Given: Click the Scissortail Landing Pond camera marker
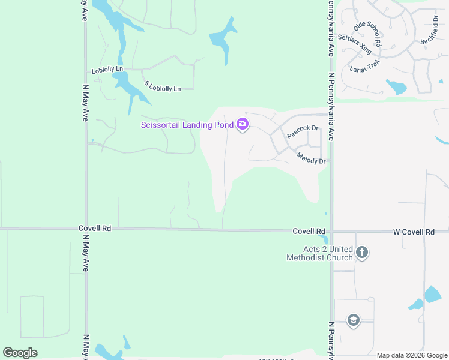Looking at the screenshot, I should pyautogui.click(x=243, y=124).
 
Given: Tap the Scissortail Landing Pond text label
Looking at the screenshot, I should pyautogui.click(x=187, y=125).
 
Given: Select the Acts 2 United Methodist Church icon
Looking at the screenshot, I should pyautogui.click(x=361, y=253).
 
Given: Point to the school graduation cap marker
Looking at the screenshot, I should pyautogui.click(x=353, y=320).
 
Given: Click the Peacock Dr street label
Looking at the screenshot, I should pyautogui.click(x=303, y=132).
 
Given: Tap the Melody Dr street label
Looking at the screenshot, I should pyautogui.click(x=311, y=158).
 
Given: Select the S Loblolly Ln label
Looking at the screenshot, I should pyautogui.click(x=162, y=86).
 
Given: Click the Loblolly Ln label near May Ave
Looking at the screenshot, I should pyautogui.click(x=107, y=70).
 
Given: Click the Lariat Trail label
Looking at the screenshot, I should pyautogui.click(x=365, y=67).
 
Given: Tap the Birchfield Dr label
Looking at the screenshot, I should pyautogui.click(x=430, y=32).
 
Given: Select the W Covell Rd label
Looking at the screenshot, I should pyautogui.click(x=414, y=232).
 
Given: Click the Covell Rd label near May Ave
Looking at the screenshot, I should pyautogui.click(x=95, y=229).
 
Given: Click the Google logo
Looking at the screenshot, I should pyautogui.click(x=20, y=353).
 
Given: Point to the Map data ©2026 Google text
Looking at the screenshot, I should pyautogui.click(x=412, y=355).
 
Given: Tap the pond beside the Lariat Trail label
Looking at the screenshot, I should pyautogui.click(x=396, y=87).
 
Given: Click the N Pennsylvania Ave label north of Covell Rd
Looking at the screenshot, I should pyautogui.click(x=331, y=107).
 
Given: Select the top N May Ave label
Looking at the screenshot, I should pyautogui.click(x=85, y=11).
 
